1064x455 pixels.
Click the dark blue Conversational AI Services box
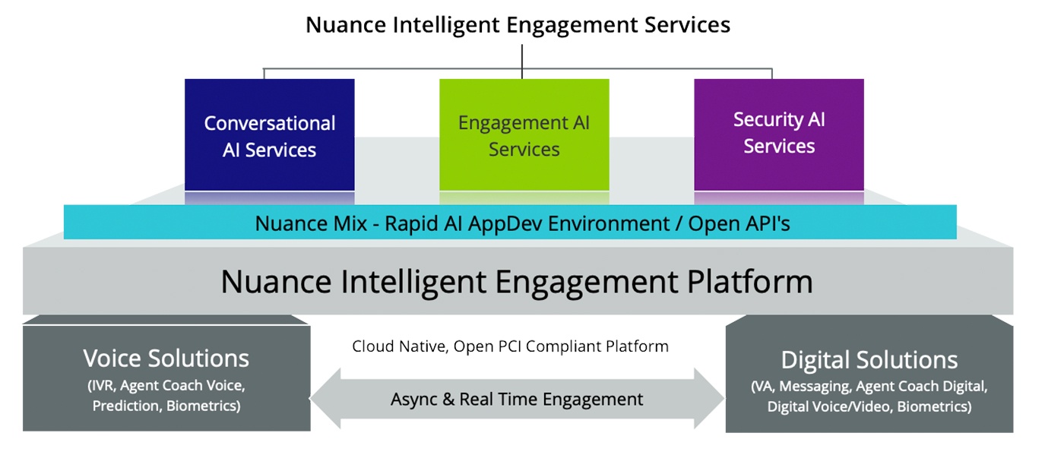pos(269,134)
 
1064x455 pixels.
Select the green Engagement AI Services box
pos(524,134)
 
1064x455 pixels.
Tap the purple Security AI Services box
pos(779,134)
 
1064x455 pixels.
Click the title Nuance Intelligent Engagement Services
pos(518,25)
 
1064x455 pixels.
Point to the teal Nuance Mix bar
pos(510,222)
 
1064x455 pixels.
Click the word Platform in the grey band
pos(750,282)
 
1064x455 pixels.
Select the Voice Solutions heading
pos(166,358)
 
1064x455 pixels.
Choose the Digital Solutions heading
pos(869,360)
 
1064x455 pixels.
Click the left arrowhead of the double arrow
pos(325,399)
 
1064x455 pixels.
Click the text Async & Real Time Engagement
pos(517,400)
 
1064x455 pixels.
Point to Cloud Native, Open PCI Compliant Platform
pos(510,346)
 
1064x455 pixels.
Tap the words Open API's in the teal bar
pos(739,223)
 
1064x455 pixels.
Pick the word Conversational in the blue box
pos(270,124)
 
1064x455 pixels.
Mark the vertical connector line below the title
pos(522,62)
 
